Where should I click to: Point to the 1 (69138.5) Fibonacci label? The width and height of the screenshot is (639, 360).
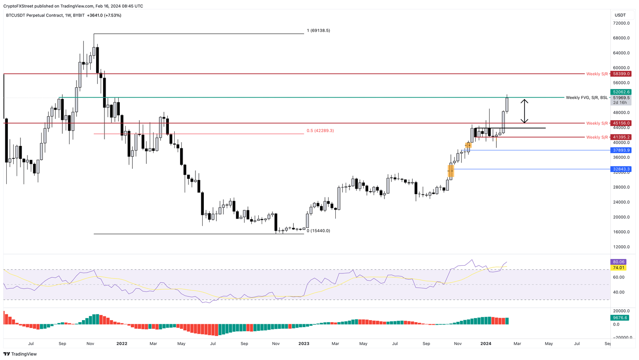(318, 31)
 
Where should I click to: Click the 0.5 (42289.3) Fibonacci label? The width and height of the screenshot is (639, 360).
(320, 131)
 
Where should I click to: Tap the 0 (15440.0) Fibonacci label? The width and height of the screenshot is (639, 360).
(318, 231)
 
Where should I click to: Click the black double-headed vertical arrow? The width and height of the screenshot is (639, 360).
(525, 111)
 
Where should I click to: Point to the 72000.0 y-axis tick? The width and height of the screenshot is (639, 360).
(622, 23)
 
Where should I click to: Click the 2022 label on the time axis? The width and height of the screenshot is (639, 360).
(122, 344)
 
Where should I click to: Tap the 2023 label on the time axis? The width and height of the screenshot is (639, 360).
(304, 344)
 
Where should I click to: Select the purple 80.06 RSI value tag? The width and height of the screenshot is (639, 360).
(619, 262)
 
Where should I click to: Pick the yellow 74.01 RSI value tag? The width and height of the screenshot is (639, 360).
(619, 268)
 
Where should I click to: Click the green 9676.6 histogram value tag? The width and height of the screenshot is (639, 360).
(619, 318)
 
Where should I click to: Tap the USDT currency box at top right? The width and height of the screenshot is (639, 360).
(620, 15)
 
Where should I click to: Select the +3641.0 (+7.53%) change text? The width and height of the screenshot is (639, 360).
(104, 15)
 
